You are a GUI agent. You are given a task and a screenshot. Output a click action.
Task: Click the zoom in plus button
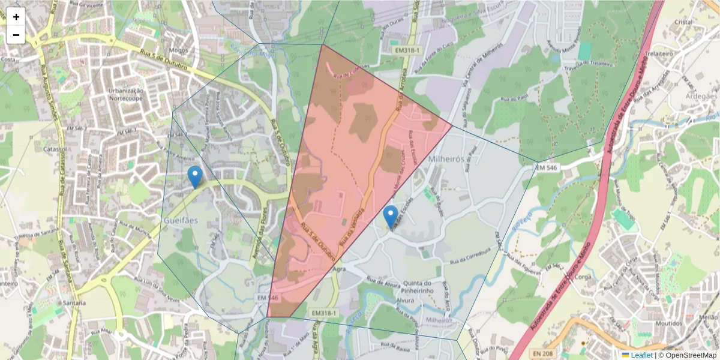[x=16, y=17]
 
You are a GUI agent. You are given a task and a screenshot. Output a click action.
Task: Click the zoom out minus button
[x=16, y=35]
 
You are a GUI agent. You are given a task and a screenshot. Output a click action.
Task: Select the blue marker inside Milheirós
[x=391, y=217]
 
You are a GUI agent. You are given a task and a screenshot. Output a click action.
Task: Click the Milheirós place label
[x=447, y=159]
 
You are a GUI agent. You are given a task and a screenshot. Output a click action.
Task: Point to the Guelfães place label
[x=181, y=220]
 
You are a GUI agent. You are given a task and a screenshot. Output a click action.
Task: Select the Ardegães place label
[x=700, y=96]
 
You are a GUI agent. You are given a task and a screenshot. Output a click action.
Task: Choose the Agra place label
[x=338, y=269]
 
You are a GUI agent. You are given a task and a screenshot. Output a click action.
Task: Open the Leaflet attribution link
[x=640, y=355]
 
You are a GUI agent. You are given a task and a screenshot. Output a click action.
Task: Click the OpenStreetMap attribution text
[x=687, y=355]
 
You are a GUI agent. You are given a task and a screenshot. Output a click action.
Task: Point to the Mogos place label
[x=178, y=50]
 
